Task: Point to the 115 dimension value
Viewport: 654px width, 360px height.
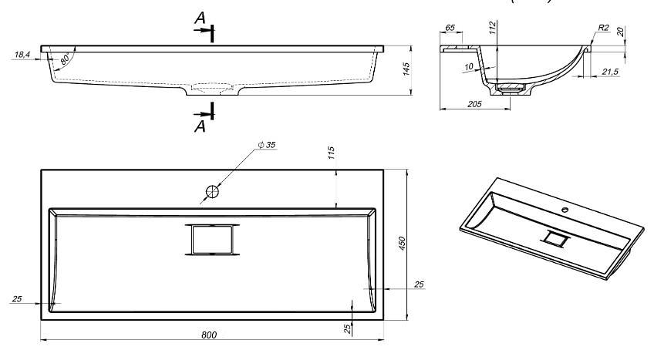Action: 331,153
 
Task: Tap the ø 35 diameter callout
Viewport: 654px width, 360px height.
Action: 267,144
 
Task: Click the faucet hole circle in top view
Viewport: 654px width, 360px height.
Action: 212,190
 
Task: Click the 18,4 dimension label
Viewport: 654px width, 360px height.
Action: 22,55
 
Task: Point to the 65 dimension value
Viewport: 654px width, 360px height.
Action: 450,28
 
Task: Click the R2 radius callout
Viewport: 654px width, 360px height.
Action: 603,28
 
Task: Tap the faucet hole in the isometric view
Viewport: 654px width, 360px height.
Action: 566,208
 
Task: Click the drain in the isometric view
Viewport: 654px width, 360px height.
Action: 555,239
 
